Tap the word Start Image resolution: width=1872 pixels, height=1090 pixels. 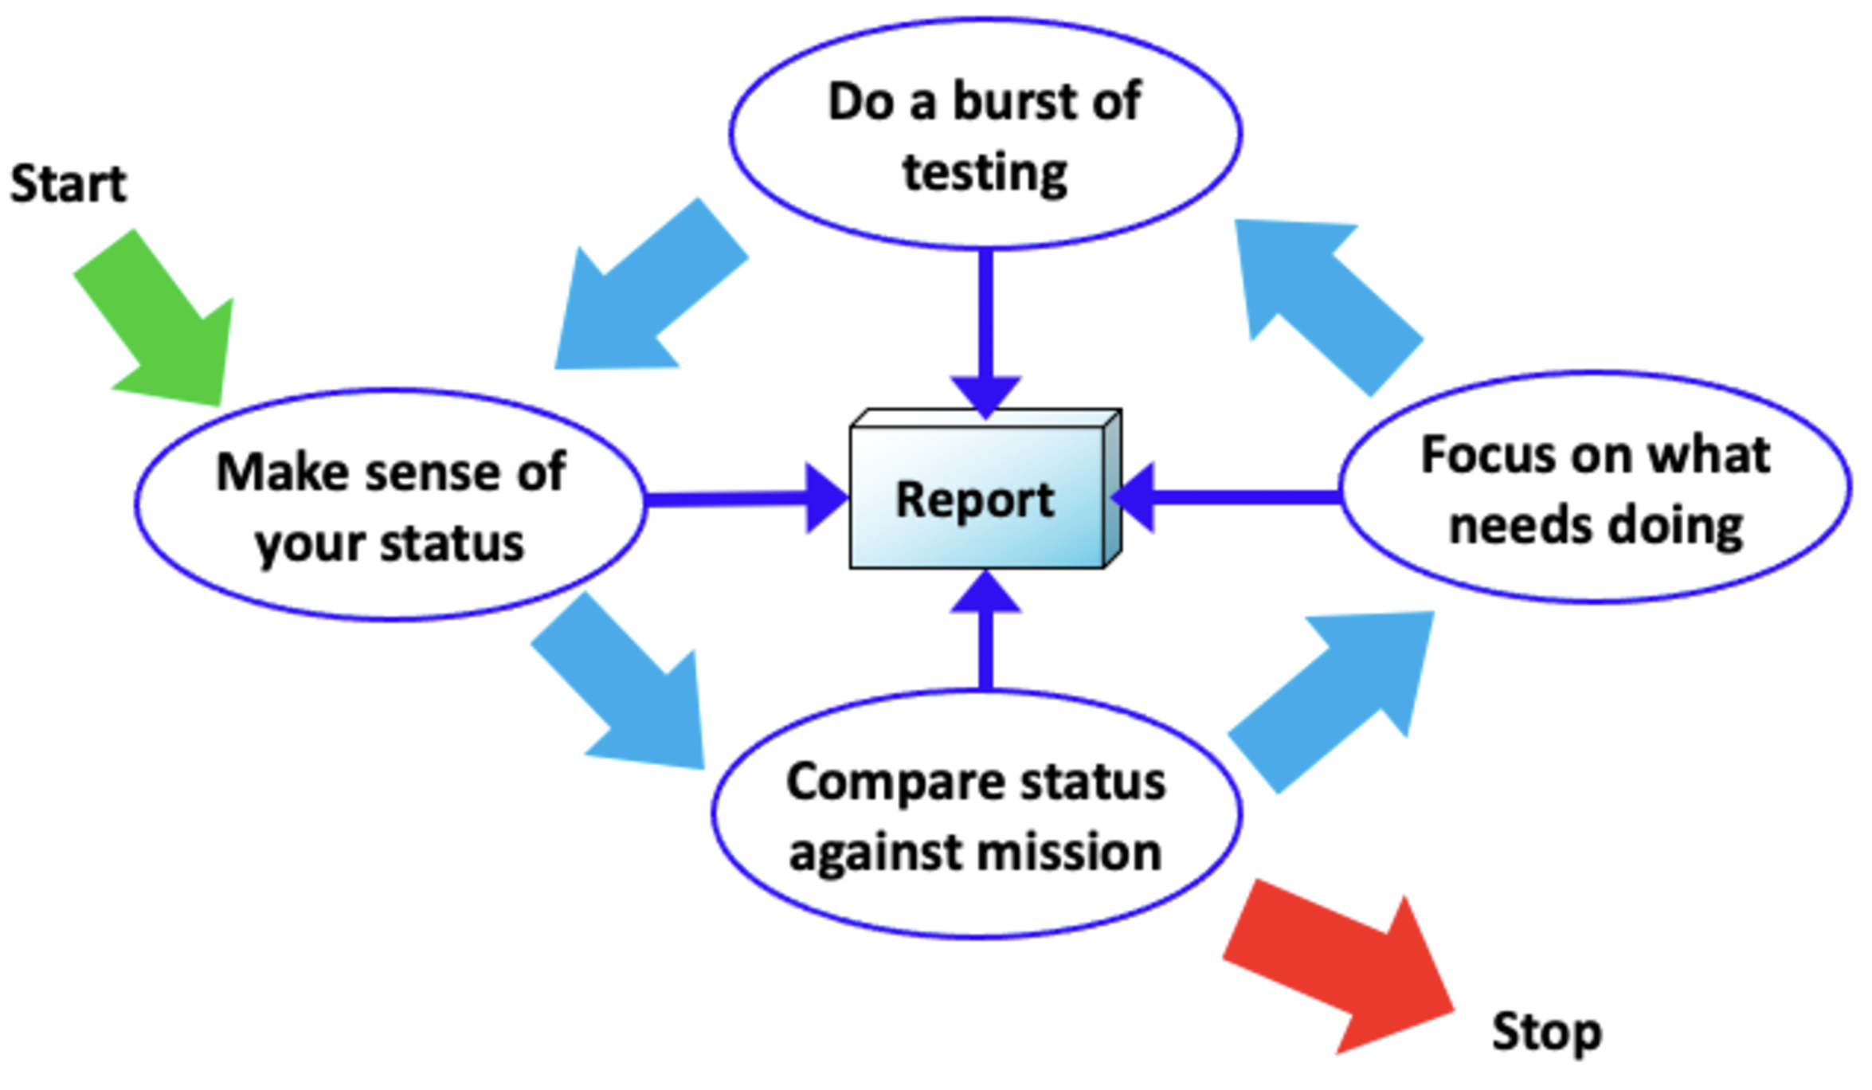pos(69,184)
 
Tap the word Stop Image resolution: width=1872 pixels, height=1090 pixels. pos(1546,1033)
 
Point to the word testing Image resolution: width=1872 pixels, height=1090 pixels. pos(985,173)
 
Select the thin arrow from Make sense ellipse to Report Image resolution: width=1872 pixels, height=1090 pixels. pos(741,500)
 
